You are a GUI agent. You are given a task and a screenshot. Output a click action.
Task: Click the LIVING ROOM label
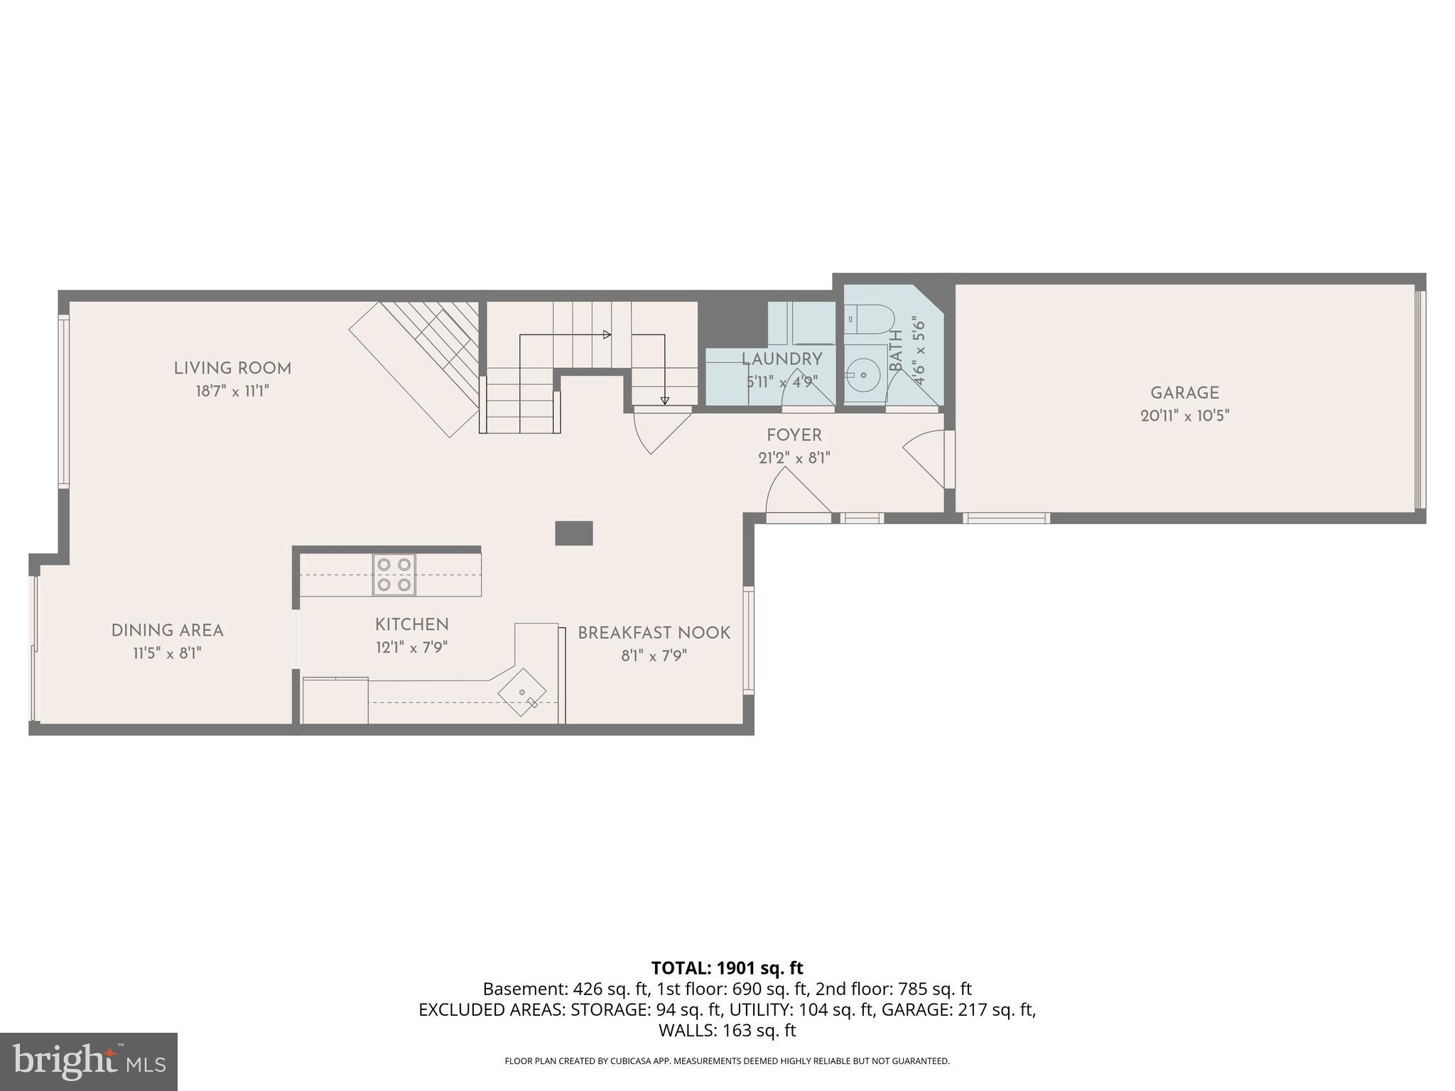coord(232,368)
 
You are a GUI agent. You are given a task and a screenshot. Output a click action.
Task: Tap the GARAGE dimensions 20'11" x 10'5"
coord(1184,416)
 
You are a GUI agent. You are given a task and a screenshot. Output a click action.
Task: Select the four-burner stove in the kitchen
coord(394,575)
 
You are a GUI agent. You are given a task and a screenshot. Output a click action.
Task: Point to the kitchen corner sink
coord(522,692)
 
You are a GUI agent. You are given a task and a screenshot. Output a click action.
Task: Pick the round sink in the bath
coord(864,372)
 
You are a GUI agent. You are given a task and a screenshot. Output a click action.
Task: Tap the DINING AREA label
coord(167,630)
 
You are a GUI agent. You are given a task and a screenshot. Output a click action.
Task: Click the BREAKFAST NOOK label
coord(654,632)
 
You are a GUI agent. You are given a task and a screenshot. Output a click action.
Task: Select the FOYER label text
coord(794,435)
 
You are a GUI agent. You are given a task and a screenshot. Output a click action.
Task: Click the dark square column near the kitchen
coord(573,533)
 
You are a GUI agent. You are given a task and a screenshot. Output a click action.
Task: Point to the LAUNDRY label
coord(781,359)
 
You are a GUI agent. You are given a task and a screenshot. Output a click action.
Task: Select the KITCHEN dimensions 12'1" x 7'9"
coord(411,647)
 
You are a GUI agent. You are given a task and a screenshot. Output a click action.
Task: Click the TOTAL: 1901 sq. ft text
coord(727,967)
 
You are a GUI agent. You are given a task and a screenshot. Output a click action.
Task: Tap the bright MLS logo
coord(89,1062)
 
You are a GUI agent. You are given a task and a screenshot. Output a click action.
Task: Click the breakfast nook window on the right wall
coord(748,639)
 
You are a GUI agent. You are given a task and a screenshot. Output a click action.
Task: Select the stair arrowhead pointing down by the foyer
coord(665,401)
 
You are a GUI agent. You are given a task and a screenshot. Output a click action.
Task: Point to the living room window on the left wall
coord(64,401)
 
